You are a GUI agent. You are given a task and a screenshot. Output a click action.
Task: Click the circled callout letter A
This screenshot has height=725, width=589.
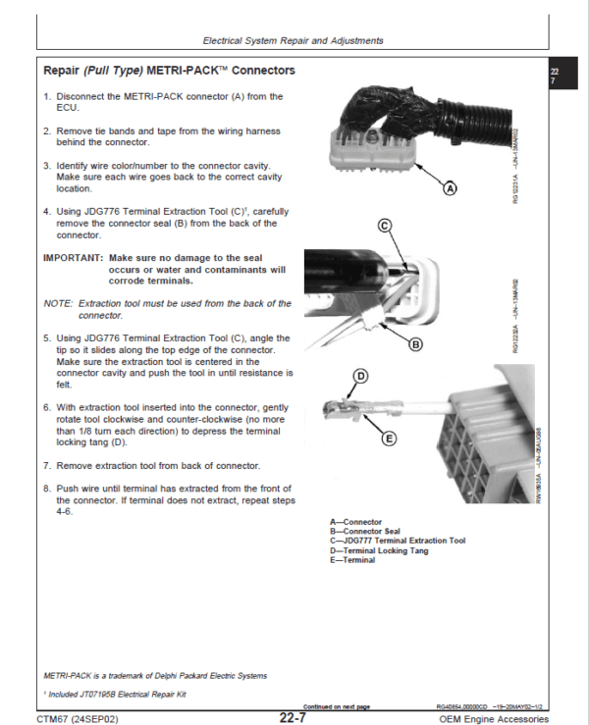[x=450, y=188]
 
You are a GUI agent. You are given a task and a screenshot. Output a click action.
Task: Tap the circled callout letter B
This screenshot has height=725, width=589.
[x=414, y=344]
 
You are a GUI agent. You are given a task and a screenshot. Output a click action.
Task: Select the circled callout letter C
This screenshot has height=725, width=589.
[x=385, y=226]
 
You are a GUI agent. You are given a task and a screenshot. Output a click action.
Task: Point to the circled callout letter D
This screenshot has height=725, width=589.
[x=360, y=376]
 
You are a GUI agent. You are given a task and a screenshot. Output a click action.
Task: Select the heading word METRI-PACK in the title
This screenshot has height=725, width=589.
[x=187, y=71]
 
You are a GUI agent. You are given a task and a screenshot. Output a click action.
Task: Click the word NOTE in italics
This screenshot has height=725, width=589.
[x=58, y=304]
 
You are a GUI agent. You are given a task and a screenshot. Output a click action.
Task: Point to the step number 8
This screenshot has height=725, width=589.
[x=46, y=488]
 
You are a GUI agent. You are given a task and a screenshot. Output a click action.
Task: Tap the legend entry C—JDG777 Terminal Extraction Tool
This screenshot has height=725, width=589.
[x=398, y=541]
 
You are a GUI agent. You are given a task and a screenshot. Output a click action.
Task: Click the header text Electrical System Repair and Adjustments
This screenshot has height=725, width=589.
[x=293, y=41]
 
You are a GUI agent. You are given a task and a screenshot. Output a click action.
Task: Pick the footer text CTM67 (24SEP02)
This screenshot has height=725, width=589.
[x=78, y=718]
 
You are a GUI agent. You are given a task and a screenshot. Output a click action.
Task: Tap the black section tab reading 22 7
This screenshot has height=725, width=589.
[x=554, y=77]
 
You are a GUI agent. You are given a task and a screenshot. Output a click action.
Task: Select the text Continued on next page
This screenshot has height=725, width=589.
[x=337, y=706]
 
